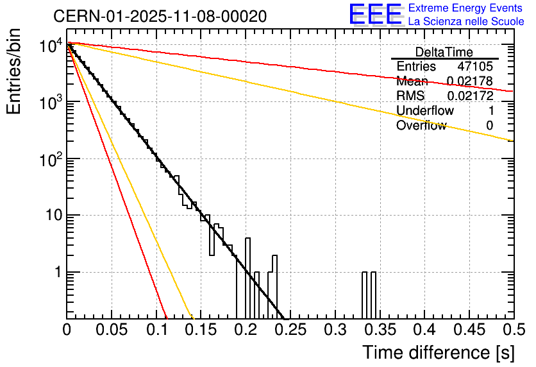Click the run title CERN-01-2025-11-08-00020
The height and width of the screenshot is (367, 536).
point(160,16)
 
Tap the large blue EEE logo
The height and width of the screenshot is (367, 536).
point(375,15)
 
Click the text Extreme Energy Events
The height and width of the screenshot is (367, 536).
point(466,8)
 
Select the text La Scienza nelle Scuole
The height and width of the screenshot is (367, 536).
point(466,21)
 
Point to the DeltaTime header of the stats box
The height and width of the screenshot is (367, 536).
point(444,52)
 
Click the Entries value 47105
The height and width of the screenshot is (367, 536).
point(475,67)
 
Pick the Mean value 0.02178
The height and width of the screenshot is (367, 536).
point(469,81)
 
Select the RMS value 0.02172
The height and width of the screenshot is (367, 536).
point(469,96)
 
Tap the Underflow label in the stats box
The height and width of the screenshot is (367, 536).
point(424,111)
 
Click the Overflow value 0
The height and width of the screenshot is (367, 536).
point(489,126)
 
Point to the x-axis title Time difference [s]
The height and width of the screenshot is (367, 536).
point(437,352)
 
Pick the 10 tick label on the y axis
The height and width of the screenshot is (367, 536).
point(53,216)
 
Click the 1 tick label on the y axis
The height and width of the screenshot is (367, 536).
point(56,272)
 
